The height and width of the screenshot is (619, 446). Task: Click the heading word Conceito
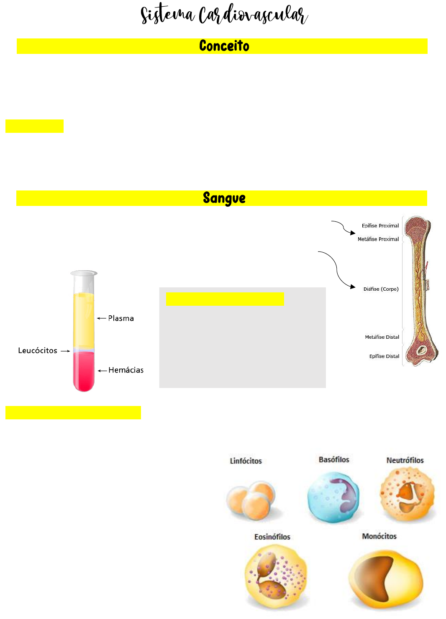(x=224, y=46)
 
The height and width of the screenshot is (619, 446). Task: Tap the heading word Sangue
(x=224, y=198)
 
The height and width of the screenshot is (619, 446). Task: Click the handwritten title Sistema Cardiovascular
(x=224, y=15)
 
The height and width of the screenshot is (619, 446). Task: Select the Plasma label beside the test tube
(x=121, y=318)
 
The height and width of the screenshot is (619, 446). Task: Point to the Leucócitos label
(x=38, y=351)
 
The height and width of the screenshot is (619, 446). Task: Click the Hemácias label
(x=126, y=370)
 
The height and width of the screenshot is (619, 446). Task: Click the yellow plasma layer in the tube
(x=84, y=320)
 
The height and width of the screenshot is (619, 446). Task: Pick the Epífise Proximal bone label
(x=380, y=226)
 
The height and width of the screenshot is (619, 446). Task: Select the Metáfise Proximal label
(x=378, y=239)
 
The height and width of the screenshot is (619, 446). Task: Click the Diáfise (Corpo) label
(x=381, y=289)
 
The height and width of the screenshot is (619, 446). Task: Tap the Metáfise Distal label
(x=382, y=337)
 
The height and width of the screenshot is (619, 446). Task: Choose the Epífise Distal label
(x=384, y=356)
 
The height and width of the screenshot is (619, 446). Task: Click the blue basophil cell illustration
(x=333, y=497)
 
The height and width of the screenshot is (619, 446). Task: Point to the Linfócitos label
(x=246, y=461)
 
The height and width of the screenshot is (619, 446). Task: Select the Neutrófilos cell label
(x=405, y=460)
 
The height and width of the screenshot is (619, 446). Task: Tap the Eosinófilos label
(x=272, y=537)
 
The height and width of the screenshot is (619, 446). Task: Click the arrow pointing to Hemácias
(x=103, y=370)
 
